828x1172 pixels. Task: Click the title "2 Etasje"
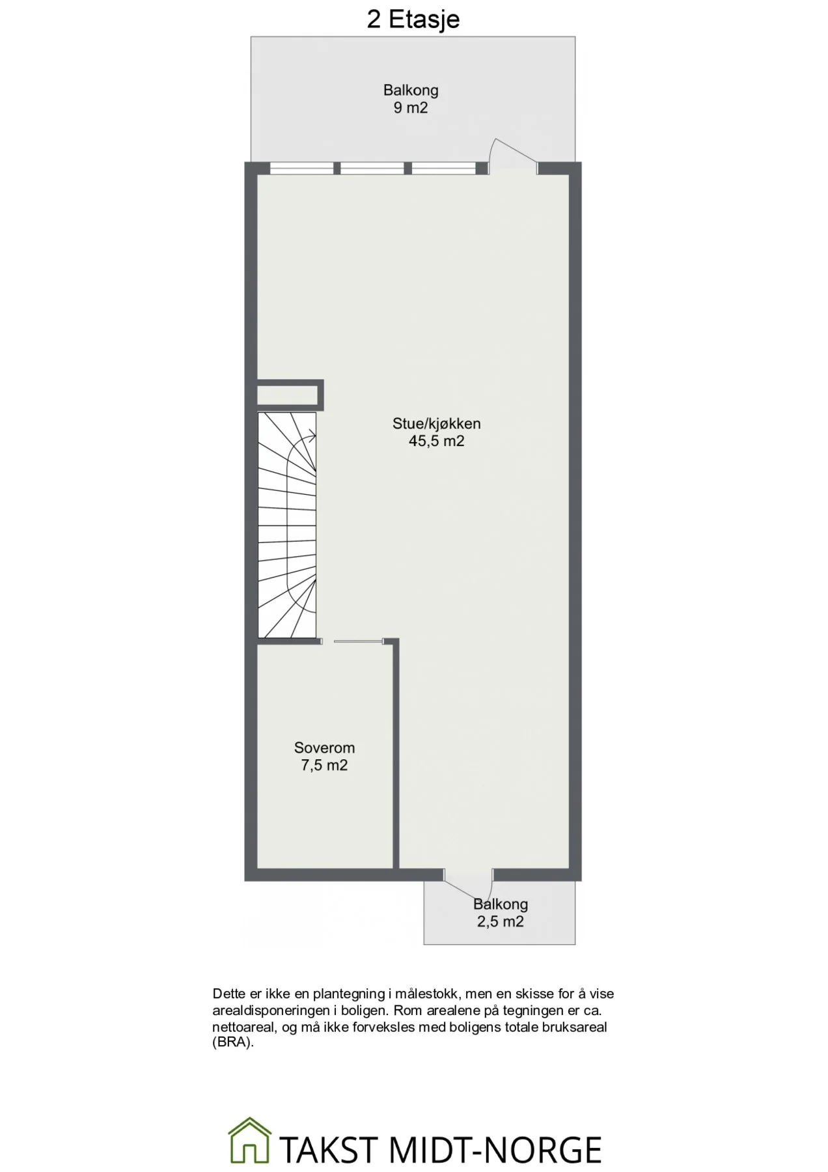tap(413, 19)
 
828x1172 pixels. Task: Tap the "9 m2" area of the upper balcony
tap(411, 107)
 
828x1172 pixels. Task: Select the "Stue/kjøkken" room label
tap(436, 424)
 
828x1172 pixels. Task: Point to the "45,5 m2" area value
tap(436, 441)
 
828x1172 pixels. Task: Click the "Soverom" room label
tap(324, 748)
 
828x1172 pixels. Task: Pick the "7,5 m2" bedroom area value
tap(324, 765)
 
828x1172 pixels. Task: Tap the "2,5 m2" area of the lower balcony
tap(500, 921)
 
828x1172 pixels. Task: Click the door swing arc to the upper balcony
tap(514, 148)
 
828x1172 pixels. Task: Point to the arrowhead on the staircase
tap(313, 437)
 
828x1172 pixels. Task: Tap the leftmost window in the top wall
tap(301, 169)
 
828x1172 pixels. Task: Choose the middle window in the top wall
tap(373, 169)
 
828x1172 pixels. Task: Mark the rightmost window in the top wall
tap(444, 169)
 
